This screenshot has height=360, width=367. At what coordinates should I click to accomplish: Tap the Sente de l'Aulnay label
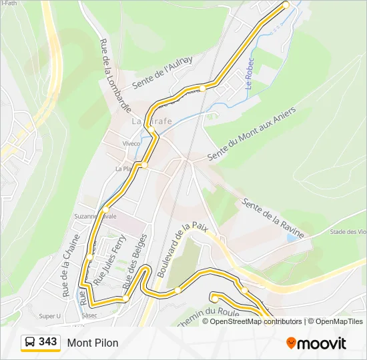(162, 73)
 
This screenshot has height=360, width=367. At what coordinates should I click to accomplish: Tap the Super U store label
(49, 316)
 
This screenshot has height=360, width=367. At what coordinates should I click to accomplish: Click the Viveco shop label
(131, 143)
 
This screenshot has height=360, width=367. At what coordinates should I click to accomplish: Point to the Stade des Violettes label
(348, 232)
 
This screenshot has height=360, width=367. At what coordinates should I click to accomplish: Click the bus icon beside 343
(30, 343)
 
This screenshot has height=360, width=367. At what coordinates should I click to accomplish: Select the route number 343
(48, 342)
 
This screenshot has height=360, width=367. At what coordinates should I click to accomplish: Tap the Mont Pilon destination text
(93, 343)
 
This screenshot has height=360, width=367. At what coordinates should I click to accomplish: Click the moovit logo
(316, 343)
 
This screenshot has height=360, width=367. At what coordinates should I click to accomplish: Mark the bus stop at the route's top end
(286, 5)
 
